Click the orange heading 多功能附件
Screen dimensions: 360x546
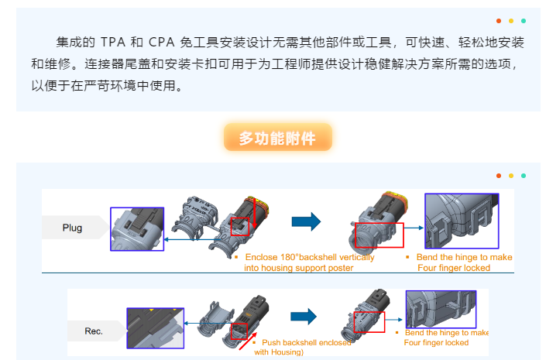(277, 139)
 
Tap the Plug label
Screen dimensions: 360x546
(72, 228)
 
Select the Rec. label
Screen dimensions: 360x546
(94, 331)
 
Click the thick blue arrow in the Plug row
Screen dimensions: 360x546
(306, 222)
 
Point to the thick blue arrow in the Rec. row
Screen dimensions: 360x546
(304, 316)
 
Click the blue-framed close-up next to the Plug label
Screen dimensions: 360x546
(137, 229)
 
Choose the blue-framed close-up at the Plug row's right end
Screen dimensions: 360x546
(462, 221)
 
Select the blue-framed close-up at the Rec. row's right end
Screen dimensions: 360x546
(441, 309)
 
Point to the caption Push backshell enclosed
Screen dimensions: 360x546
(305, 342)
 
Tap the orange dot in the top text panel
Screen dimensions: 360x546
(499, 21)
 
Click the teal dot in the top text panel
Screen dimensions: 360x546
(524, 21)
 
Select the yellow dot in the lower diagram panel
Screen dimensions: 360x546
(511, 176)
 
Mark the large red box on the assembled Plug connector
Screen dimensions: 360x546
(379, 235)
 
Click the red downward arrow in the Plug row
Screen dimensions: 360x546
(253, 212)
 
